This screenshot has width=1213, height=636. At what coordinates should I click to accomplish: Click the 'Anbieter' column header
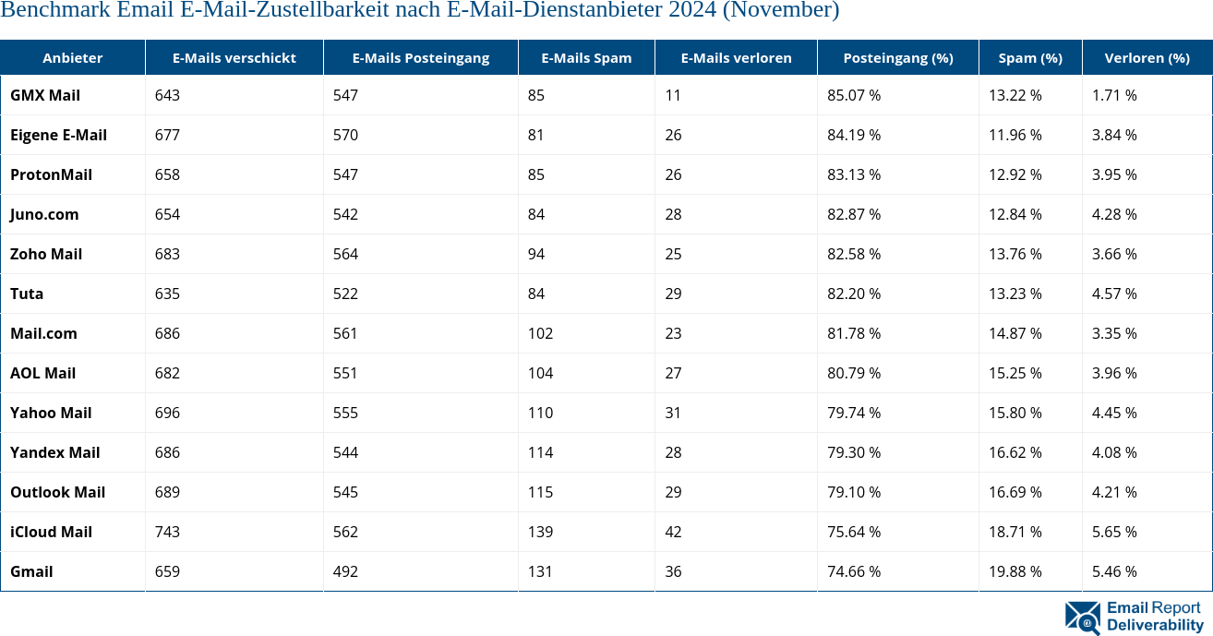pos(72,57)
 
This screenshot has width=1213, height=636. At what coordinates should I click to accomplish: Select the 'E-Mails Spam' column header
pos(586,57)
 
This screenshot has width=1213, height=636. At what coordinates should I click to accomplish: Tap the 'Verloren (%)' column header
pos(1147,57)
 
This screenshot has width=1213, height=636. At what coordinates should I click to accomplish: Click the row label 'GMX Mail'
pos(45,95)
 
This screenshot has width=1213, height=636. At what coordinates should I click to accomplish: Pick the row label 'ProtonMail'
pos(51,174)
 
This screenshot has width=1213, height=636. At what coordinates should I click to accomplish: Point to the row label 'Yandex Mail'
pos(54,452)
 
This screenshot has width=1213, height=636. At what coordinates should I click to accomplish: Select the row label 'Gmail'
pos(31,571)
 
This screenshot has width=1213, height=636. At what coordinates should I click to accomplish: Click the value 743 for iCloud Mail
pos(167,532)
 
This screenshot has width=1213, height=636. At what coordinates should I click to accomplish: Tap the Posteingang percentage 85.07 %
pos(854,95)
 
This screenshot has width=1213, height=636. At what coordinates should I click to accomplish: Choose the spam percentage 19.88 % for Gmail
pos(1015,571)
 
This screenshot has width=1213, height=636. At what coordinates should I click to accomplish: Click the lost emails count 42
pos(673,532)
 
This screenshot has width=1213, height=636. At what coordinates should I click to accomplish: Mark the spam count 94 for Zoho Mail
pos(536,254)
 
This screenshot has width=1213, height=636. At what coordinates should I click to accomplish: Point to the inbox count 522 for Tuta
pos(345,294)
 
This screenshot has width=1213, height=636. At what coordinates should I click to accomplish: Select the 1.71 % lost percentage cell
pos(1114,95)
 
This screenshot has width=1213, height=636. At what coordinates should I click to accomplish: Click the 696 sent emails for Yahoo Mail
pos(167,413)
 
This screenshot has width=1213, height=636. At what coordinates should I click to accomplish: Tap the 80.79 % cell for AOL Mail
pos(854,373)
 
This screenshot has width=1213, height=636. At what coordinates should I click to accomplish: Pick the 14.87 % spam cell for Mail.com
pos(1015,333)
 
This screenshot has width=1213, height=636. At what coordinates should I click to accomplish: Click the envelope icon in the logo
pos(1082,618)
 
